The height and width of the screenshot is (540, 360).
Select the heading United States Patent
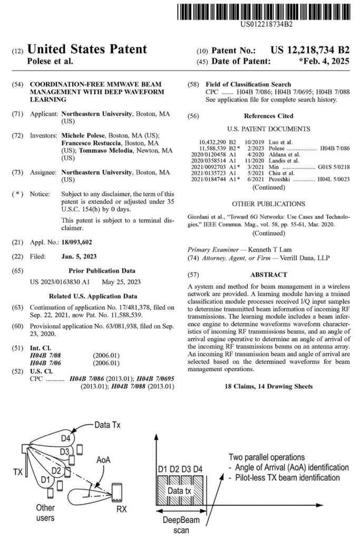pyautogui.click(x=87, y=50)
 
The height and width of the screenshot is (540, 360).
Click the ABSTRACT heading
pyautogui.click(x=269, y=274)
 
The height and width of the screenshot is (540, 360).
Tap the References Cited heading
pyautogui.click(x=268, y=116)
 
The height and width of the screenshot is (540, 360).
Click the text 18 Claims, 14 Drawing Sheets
pyautogui.click(x=268, y=387)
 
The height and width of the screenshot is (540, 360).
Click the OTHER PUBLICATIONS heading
pyautogui.click(x=268, y=204)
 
